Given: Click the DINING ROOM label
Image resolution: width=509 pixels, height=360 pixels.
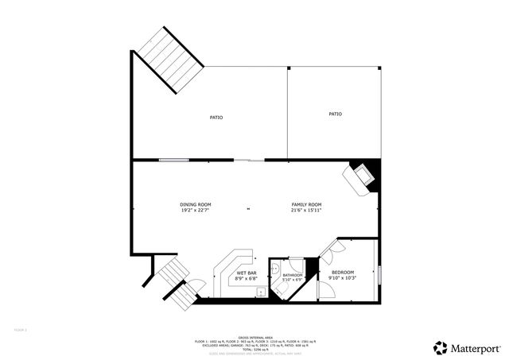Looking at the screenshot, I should [x=195, y=205].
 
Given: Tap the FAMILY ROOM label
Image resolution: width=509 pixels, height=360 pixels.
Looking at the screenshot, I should [x=305, y=205].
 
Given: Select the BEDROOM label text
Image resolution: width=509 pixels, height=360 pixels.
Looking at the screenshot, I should [x=343, y=273].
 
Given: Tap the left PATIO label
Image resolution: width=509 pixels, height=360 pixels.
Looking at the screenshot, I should [x=216, y=118].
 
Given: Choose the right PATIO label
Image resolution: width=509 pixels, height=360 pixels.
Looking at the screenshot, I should [x=335, y=114].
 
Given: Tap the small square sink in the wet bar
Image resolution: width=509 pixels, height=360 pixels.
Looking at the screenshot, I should [x=261, y=292].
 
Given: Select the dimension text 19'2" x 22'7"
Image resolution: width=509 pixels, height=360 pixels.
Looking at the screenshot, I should [x=195, y=211].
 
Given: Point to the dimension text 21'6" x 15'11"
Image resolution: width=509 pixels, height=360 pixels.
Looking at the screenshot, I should [x=305, y=211].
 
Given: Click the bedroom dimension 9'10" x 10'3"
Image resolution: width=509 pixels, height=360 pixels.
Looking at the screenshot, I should [x=343, y=278].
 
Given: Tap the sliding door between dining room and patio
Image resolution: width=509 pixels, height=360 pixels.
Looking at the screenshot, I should [x=249, y=161].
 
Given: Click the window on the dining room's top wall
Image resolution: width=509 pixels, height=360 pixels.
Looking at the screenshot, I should [x=173, y=161].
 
